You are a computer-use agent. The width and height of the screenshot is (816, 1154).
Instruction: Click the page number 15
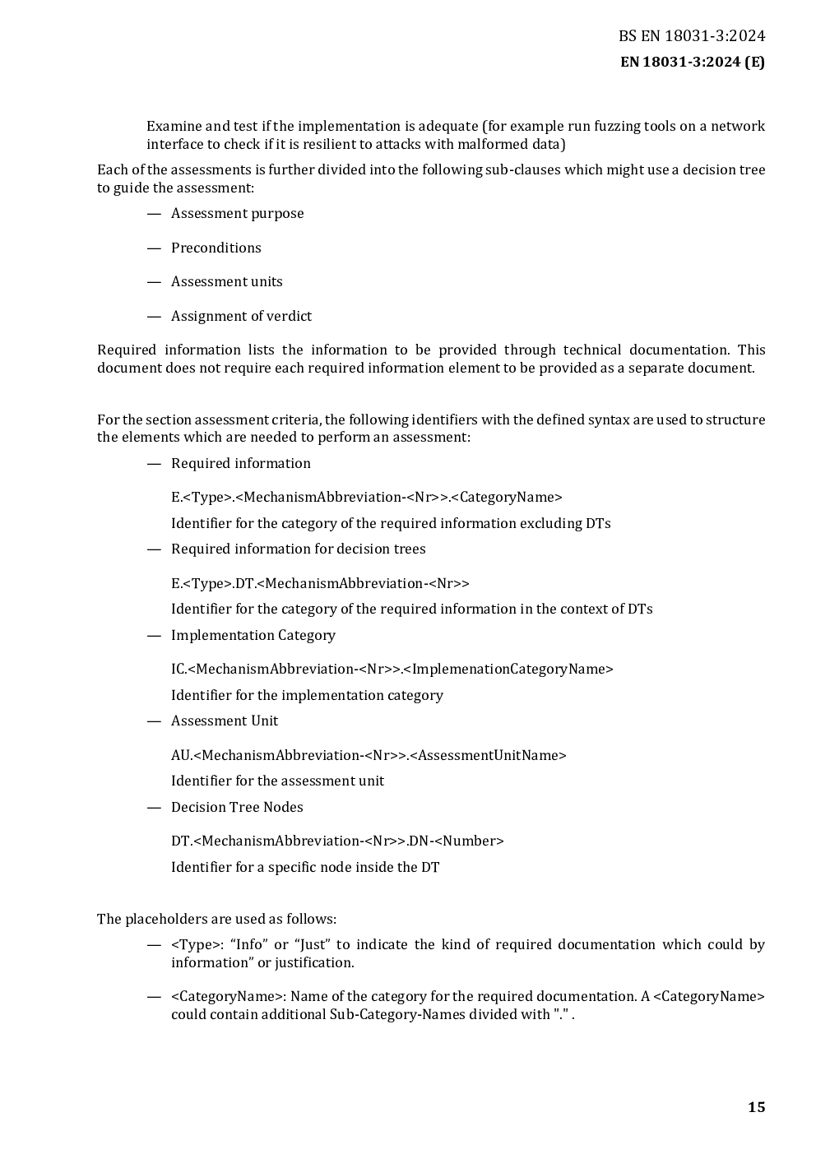756,1107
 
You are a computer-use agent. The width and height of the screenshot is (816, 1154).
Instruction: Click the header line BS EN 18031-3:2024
692,35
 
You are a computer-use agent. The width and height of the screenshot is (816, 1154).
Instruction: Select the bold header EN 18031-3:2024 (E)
692,62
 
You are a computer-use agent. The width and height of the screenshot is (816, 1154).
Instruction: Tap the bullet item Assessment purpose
237,214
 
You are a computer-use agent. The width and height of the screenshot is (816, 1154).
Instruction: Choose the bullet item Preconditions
216,248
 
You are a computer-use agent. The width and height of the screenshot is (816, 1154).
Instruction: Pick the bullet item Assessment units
226,282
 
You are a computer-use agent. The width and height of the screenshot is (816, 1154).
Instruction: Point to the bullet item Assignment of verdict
241,317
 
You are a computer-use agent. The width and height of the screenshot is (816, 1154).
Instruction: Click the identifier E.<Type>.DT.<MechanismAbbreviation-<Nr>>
320,584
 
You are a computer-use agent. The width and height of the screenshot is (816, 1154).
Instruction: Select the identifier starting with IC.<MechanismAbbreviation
392,670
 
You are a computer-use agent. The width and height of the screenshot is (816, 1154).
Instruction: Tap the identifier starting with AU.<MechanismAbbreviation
369,756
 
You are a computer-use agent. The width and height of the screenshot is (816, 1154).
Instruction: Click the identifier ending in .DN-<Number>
337,841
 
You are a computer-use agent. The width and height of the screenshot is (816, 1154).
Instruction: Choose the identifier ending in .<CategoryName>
366,498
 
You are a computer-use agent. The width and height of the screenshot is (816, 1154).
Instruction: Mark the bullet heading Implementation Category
253,636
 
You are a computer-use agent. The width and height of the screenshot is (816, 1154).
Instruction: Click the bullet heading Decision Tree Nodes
237,808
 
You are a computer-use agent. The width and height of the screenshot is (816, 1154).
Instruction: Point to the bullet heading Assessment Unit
224,721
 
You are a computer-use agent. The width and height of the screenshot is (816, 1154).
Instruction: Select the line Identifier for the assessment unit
277,781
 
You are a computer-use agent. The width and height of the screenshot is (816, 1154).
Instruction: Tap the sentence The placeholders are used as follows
216,920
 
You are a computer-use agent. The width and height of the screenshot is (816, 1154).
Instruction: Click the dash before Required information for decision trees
153,549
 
